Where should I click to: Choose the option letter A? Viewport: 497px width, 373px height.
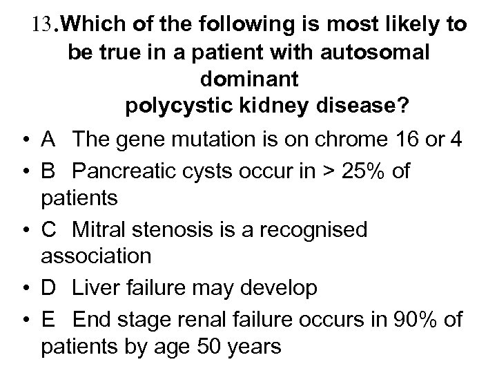pos(49,140)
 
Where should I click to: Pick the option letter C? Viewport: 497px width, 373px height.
pos(50,229)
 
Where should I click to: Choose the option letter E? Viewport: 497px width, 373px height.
pos(49,318)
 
